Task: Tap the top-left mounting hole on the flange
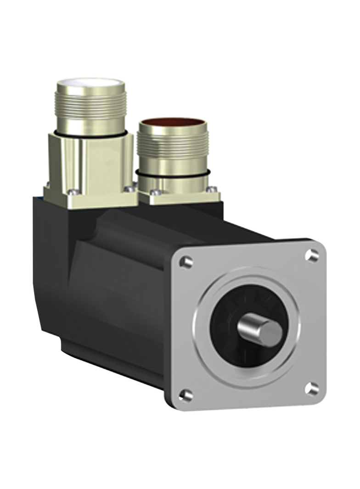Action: [x=186, y=262]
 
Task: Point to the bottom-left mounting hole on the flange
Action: [x=186, y=394]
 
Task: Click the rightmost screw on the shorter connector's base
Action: [x=212, y=189]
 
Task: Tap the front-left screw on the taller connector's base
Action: [x=71, y=193]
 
